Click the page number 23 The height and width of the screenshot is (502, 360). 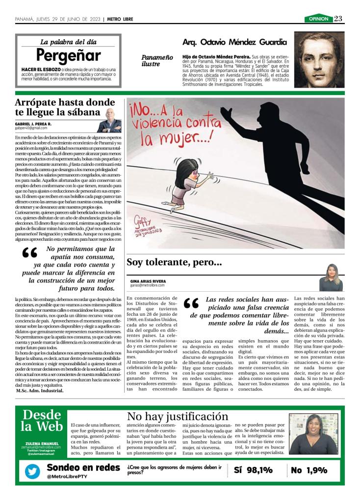click(338, 19)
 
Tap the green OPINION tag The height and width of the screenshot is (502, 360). click(318, 19)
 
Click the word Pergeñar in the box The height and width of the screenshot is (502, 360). click(68, 55)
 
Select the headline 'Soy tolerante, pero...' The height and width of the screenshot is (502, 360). click(174, 262)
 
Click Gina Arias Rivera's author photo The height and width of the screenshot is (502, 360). click(331, 278)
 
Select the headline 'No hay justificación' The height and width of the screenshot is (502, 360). click(177, 417)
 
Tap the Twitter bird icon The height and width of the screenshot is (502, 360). click(33, 471)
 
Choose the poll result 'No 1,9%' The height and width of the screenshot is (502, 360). click(309, 471)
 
